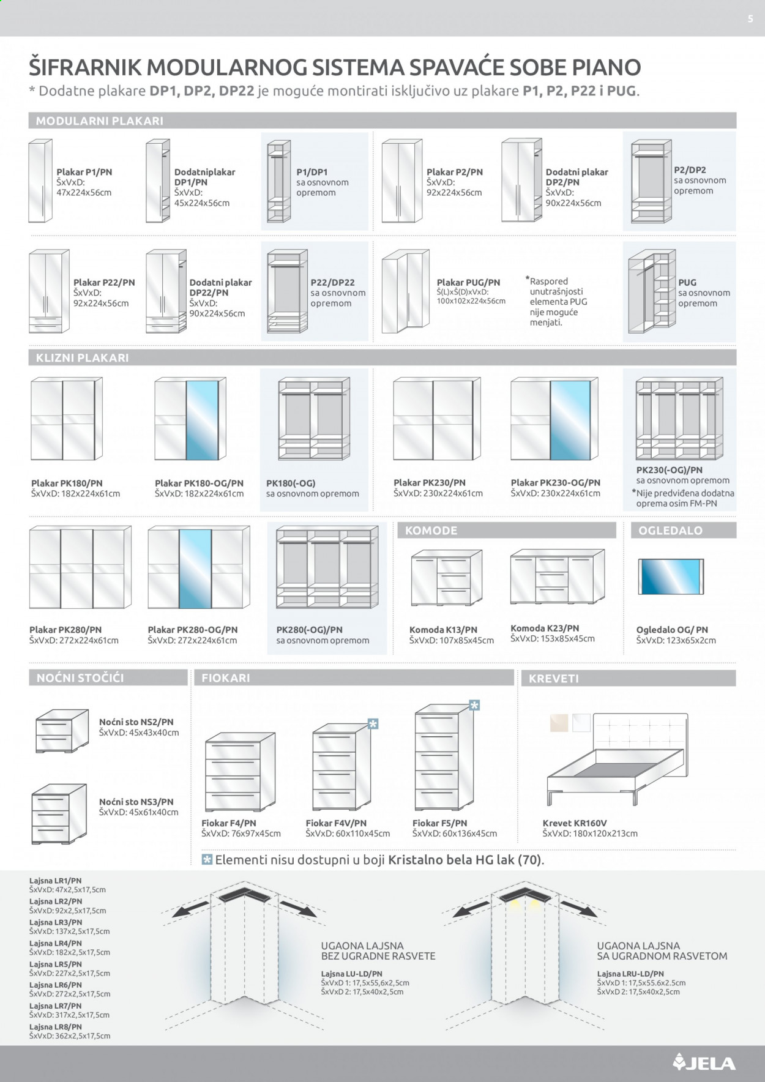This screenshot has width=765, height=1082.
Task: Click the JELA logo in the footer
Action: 704,1062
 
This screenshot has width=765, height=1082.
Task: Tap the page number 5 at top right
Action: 750,19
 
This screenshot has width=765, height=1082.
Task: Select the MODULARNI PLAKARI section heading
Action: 100,121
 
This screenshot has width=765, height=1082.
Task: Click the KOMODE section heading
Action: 431,531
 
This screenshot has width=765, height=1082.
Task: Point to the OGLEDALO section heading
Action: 670,531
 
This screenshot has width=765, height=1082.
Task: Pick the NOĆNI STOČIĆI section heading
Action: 80,677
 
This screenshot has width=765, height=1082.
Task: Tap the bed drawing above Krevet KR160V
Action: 616,759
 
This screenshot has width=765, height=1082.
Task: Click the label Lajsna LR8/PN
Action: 56,1027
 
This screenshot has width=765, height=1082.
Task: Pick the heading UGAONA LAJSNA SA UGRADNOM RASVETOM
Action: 662,950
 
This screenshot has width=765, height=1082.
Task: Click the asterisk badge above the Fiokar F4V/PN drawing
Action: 373,724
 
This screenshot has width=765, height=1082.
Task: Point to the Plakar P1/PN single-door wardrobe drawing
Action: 40,181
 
